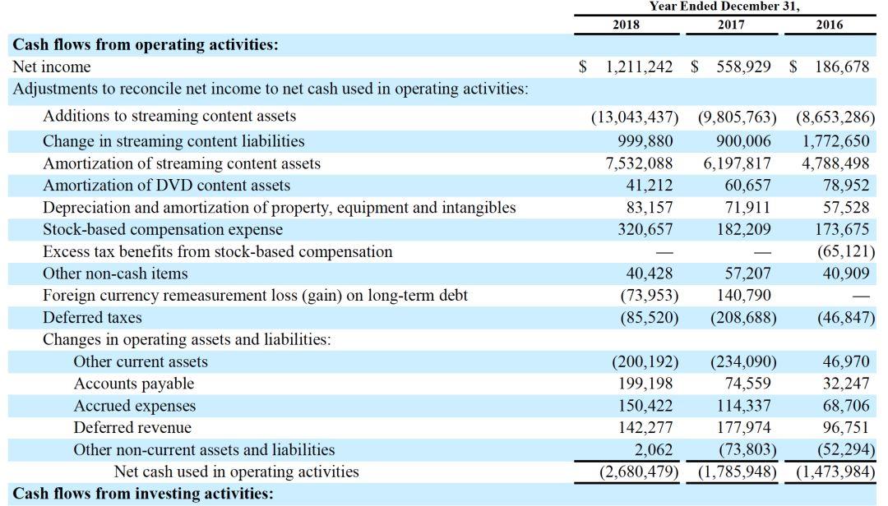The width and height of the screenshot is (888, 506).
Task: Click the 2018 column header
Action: pos(626,25)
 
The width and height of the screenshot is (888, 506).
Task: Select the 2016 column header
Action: pos(829,25)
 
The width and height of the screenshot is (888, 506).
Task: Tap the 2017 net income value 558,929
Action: pos(743,67)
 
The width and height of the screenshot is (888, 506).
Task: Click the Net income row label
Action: pos(52,67)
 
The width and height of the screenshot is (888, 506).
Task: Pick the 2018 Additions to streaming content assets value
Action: pos(635,117)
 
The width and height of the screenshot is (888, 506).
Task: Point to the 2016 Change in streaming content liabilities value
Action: pos(835,141)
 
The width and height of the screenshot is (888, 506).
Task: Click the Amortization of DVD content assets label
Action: pos(166,185)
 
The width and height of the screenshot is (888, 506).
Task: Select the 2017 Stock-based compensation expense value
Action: pos(743,229)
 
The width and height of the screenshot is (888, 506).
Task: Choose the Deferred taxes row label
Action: pos(92,318)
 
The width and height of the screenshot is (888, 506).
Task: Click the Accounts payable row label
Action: pos(134,384)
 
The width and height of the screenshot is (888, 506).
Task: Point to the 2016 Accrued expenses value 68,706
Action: pos(846,406)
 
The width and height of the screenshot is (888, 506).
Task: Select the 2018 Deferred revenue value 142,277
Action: pos(645,427)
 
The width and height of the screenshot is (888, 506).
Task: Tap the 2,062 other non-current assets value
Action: pos(654,449)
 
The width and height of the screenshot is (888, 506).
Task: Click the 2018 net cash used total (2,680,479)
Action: pos(640,471)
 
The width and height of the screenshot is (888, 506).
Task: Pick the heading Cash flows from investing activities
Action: pos(143,494)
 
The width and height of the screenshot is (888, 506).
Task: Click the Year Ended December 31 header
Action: pos(724,7)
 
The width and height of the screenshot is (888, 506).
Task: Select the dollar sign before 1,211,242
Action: pos(583,67)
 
